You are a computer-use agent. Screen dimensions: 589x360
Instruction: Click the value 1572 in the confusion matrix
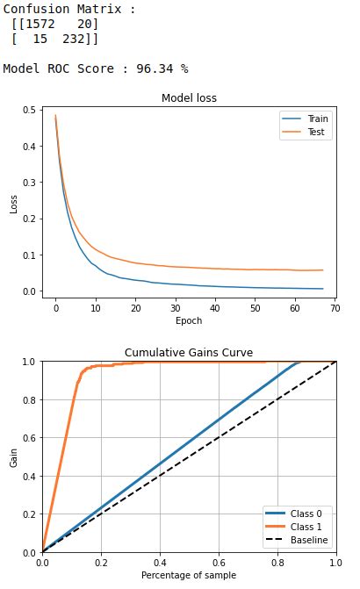[39, 24]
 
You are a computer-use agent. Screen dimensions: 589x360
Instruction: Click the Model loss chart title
[189, 97]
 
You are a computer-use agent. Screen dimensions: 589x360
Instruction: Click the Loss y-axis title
[13, 204]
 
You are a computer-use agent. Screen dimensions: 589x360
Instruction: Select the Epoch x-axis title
[189, 321]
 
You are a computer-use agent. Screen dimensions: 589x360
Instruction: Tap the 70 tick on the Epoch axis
[335, 308]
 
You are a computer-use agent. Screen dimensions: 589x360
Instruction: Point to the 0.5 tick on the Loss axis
[30, 111]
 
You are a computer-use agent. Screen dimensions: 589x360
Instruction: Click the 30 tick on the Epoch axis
[176, 308]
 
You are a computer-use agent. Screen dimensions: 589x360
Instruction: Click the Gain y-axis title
[13, 456]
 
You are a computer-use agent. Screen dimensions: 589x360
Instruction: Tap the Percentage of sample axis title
[189, 575]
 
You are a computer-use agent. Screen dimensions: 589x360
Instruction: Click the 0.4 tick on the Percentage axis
[160, 563]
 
